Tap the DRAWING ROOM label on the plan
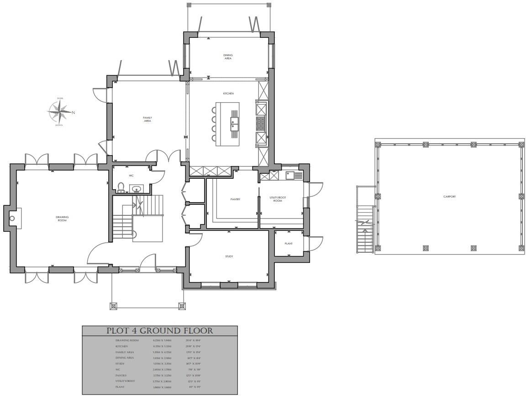coord(62,219)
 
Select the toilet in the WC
coord(121,188)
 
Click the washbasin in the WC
coord(136,188)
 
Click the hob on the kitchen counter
coord(262,123)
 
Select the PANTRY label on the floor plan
coord(235,199)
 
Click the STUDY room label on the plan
coord(229,256)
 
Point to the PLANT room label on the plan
coord(289,244)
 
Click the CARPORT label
coord(449,197)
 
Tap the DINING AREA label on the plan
coord(228,57)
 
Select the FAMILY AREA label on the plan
coord(147,119)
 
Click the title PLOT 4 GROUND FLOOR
coord(159,331)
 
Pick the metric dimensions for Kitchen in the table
coord(162,346)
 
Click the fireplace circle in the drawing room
coord(12,218)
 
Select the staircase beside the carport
coord(365,229)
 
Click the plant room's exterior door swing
coord(315,243)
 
